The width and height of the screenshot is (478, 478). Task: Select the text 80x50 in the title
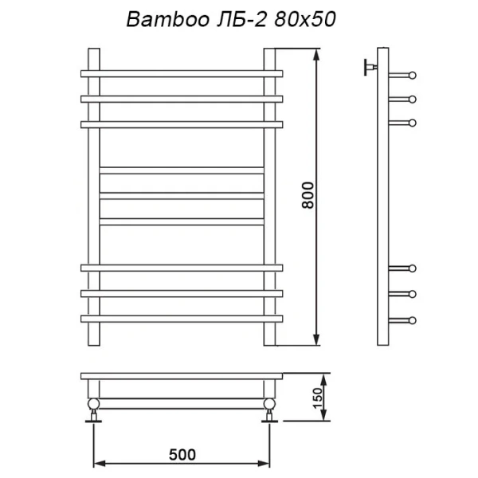tap(302, 22)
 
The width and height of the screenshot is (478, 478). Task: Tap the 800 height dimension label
tap(310, 196)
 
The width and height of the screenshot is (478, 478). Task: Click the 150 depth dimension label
tap(316, 395)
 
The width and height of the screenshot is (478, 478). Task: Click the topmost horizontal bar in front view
tap(182, 73)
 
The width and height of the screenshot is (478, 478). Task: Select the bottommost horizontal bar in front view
tap(182, 319)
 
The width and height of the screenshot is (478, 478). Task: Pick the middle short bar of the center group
tap(182, 195)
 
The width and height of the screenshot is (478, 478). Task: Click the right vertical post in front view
tap(270, 199)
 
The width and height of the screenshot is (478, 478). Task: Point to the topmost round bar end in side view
tap(412, 76)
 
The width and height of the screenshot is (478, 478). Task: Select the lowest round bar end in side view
tap(412, 320)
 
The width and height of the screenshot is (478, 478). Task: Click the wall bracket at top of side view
tap(369, 66)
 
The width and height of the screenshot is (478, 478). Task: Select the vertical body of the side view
tap(382, 199)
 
